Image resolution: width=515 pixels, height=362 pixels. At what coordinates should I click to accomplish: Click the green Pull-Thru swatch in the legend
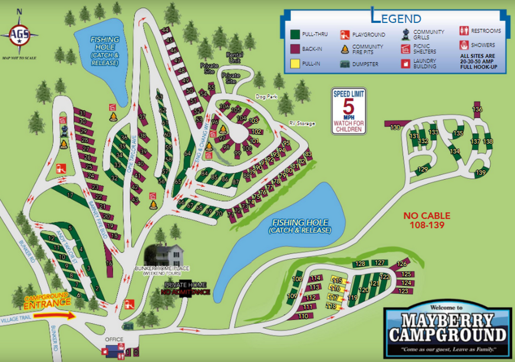point(295,35)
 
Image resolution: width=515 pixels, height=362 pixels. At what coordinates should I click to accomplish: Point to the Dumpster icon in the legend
point(343,64)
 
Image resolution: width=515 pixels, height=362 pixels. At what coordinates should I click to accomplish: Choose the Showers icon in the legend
point(464,45)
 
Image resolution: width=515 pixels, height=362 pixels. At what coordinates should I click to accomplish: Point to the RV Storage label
point(301,123)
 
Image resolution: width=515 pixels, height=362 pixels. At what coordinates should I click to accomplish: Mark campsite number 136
point(477,110)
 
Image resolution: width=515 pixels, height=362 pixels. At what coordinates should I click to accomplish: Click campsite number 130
point(395,127)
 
